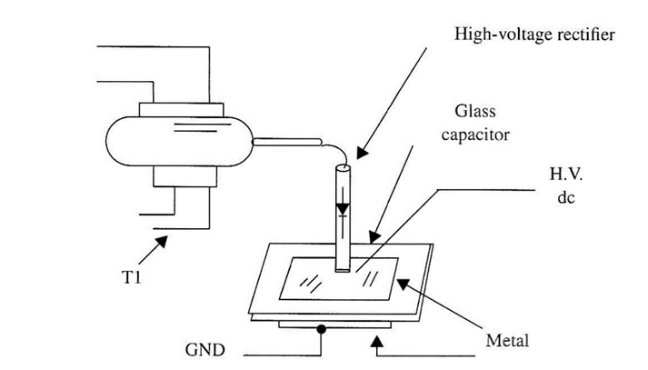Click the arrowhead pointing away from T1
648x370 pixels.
(162, 238)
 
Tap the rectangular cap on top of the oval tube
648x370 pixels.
(181, 110)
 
